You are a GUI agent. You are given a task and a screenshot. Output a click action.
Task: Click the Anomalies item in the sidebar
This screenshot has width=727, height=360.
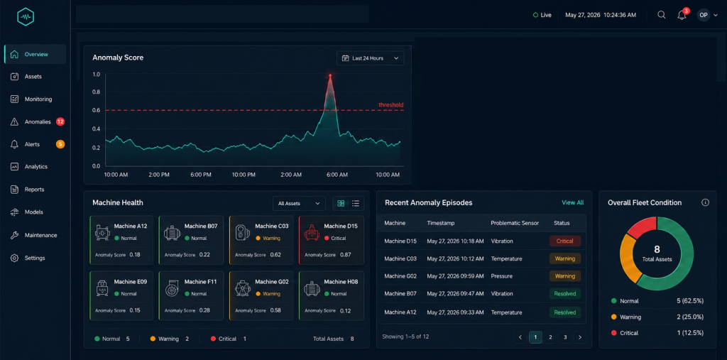38,122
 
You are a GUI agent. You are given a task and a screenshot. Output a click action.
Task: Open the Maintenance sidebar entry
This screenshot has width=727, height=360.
40,235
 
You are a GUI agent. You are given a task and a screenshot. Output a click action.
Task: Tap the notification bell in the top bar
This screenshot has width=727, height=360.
682,15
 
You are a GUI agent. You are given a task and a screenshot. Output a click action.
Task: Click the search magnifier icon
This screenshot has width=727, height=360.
662,15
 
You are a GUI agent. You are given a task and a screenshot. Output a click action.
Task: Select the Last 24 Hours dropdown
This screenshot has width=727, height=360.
370,58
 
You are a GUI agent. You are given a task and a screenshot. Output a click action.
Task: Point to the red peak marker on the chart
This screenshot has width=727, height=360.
330,75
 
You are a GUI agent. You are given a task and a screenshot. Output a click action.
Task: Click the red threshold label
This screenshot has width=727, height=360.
391,105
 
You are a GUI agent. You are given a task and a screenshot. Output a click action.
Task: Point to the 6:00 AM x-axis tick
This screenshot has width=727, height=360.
337,175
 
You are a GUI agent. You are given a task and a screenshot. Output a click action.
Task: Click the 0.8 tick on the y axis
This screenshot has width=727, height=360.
96,92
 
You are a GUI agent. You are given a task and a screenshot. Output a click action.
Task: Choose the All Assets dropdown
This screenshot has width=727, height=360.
299,203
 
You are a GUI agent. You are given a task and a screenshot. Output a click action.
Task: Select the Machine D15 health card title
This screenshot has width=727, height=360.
341,227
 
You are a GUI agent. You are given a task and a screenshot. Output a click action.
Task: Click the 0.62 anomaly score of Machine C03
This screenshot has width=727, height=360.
275,255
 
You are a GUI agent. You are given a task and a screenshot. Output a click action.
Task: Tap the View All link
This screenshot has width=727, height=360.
573,203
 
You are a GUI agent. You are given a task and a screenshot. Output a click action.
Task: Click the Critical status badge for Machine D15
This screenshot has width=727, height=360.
564,241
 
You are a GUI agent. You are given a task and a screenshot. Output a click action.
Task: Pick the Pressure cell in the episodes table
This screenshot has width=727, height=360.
502,276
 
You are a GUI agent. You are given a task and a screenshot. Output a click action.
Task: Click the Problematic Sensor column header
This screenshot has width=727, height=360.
515,223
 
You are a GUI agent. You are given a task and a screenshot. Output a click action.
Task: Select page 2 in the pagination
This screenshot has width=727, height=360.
550,337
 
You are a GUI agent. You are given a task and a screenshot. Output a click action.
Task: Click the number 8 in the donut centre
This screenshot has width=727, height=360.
657,250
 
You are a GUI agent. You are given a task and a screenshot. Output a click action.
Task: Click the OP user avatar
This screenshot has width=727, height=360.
704,15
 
